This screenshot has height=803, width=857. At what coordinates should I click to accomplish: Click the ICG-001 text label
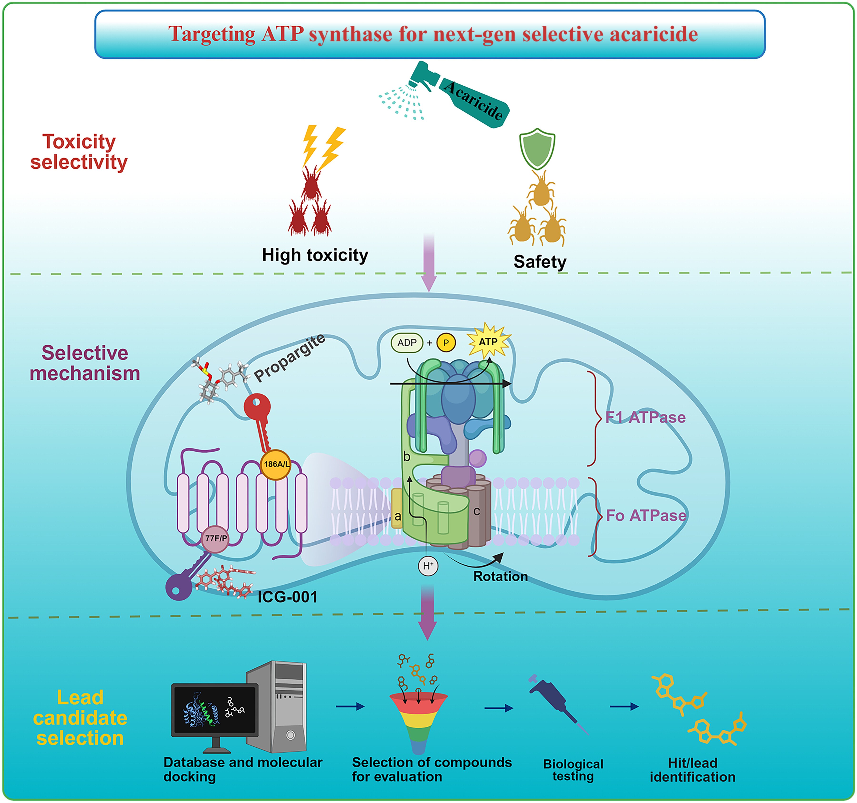tap(288, 597)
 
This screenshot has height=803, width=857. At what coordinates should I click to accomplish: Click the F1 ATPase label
tap(645, 417)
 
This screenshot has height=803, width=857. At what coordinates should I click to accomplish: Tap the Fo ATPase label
tap(646, 515)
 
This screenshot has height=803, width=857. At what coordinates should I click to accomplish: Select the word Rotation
tap(500, 576)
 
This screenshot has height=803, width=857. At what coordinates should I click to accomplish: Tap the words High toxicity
tap(315, 255)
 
